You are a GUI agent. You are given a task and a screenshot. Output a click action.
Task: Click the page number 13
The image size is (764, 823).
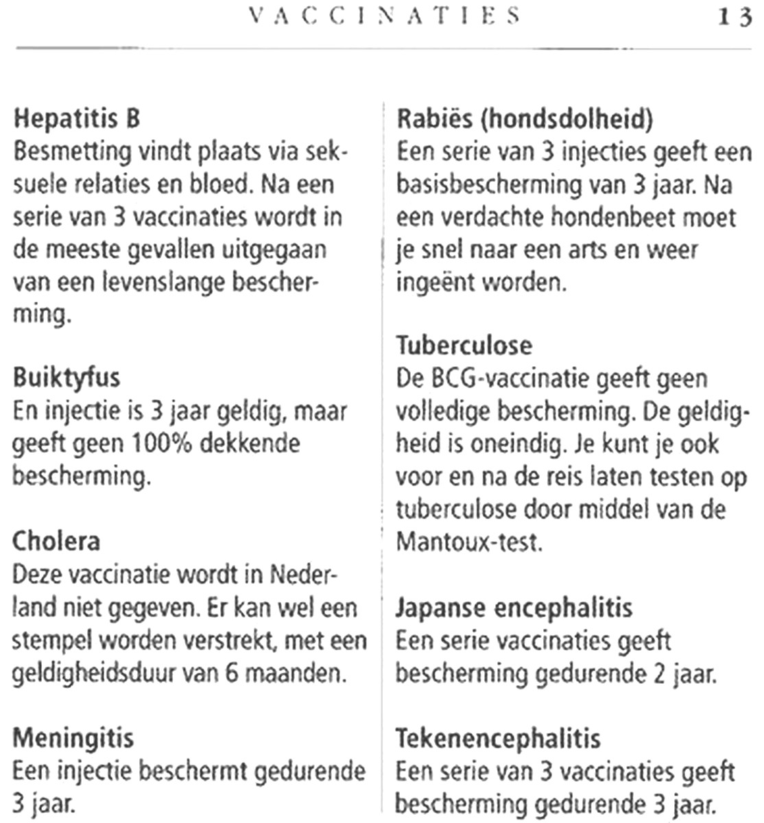coord(734,16)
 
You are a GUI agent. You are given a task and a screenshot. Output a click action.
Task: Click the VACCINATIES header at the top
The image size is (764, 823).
coord(384,16)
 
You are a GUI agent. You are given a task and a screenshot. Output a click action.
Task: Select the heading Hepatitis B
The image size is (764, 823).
coord(77,119)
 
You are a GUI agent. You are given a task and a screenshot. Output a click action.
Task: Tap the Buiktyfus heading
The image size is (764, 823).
coord(66,378)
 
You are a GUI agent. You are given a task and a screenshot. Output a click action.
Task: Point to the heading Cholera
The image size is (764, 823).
coord(56,541)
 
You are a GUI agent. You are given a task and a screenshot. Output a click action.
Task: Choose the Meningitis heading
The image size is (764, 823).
coord(73,739)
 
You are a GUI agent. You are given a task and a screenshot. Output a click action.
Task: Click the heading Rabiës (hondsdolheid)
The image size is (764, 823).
coord(525,119)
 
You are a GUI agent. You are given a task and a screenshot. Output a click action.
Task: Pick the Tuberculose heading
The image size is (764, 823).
coord(464,344)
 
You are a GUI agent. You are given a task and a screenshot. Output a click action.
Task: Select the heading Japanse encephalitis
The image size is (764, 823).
coord(514,607)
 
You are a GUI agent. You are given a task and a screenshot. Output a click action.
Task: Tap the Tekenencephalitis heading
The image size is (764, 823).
coord(498,739)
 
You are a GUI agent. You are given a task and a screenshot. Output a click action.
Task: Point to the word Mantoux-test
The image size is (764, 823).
coord(469,543)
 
